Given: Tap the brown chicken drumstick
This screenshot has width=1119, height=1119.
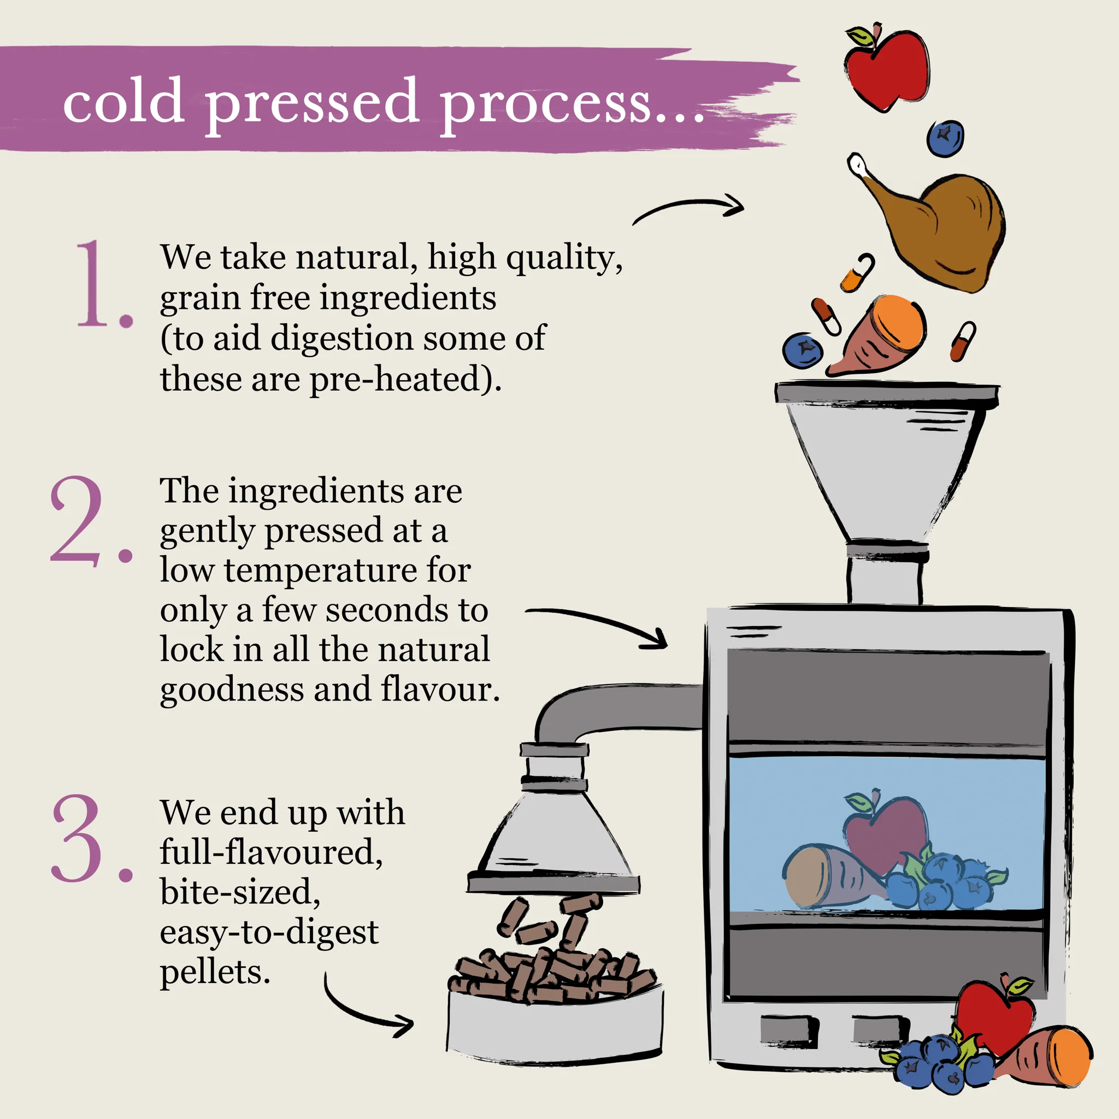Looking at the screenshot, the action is click(933, 226).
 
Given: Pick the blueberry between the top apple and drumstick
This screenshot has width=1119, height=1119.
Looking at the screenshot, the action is click(945, 138).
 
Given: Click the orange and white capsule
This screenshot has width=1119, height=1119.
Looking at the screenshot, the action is click(858, 272).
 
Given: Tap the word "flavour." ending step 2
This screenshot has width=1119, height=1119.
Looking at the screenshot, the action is click(440, 688).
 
